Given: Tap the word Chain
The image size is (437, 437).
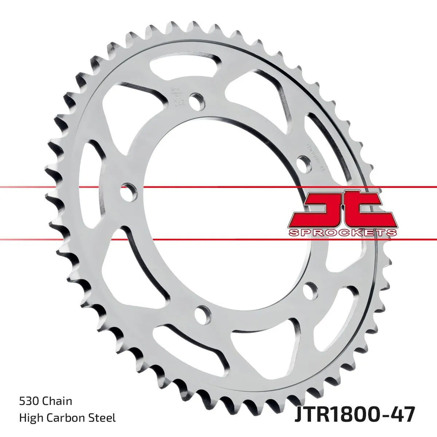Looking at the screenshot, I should (58, 401).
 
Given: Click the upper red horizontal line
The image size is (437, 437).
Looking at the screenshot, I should (219, 187).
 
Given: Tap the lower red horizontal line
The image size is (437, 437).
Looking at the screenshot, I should (219, 240).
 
